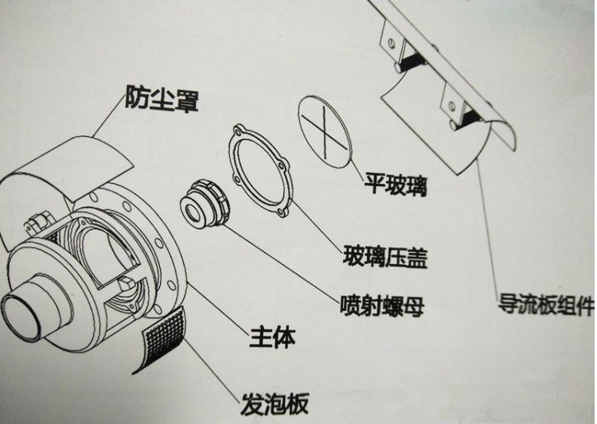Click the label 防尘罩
tap(161, 99)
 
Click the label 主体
tap(268, 337)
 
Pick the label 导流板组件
tap(546, 303)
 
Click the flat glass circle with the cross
tap(327, 129)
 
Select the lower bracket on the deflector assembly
tap(457, 106)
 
